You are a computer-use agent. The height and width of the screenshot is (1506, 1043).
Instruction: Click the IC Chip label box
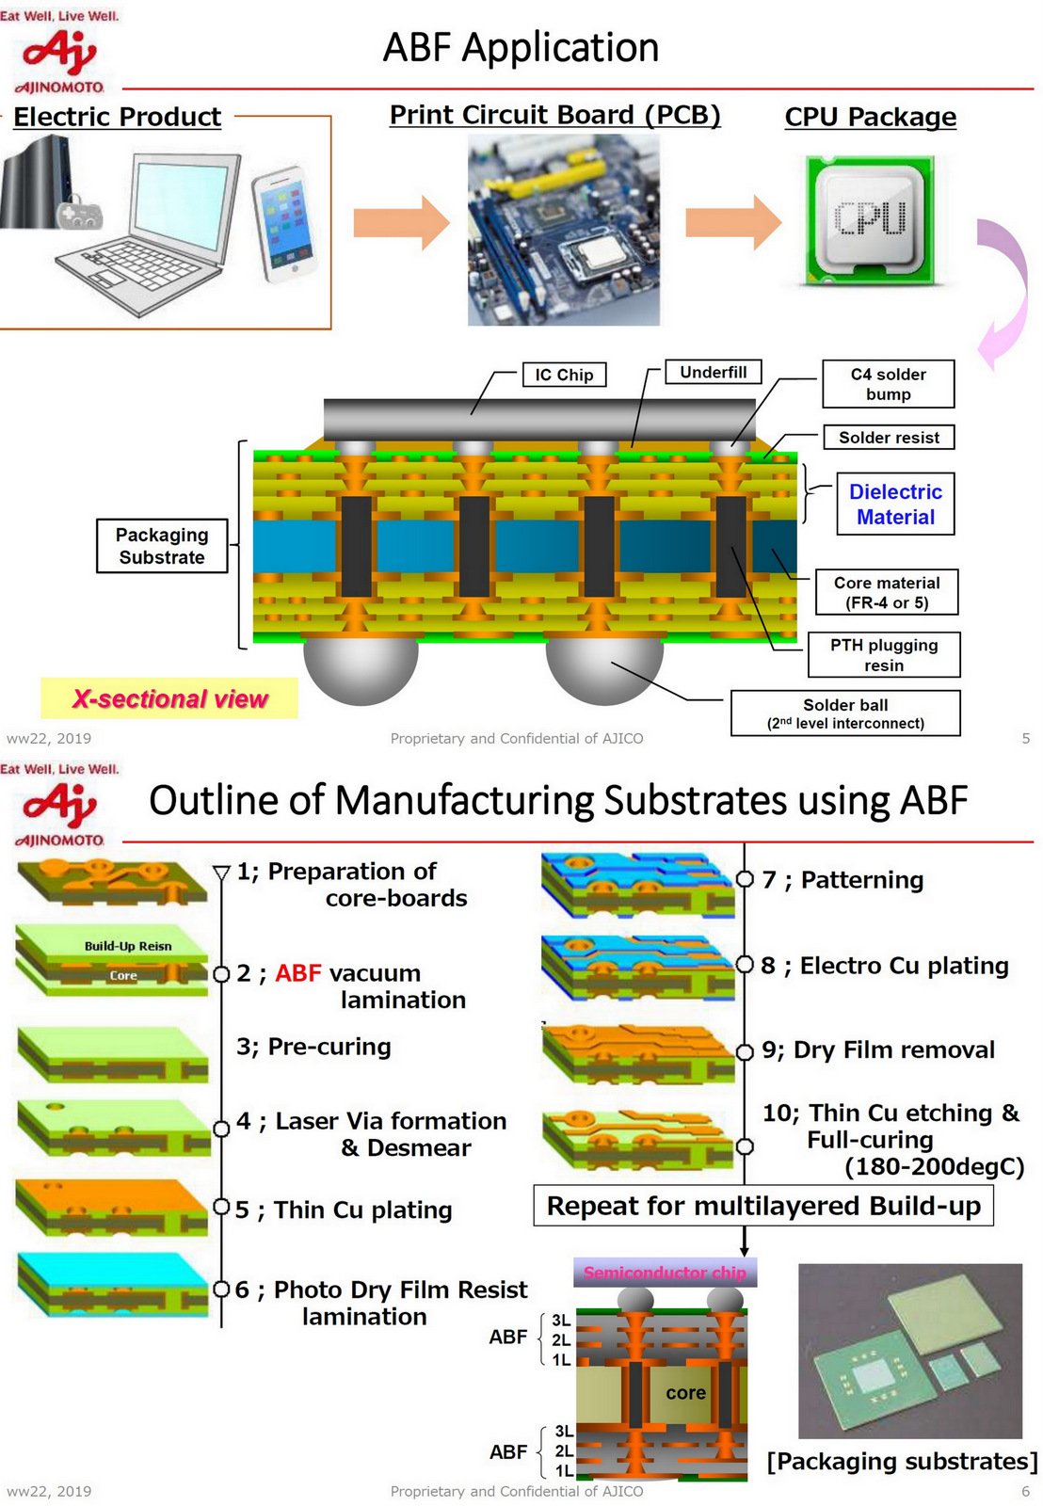tap(564, 375)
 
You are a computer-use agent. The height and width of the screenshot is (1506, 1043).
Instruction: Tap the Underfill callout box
tap(713, 372)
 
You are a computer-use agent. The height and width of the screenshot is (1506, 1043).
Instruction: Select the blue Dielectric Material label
tap(894, 505)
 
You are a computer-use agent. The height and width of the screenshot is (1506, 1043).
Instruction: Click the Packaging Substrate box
tap(162, 546)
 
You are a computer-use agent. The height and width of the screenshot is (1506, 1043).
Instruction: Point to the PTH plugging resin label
tap(883, 655)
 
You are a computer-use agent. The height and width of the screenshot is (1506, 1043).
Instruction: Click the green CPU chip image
tap(869, 220)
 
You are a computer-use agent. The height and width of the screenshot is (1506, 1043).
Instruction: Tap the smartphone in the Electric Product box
tap(283, 224)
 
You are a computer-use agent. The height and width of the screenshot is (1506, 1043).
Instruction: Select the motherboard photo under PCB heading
tap(563, 230)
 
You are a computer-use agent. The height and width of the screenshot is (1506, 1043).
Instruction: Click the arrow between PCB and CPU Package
tap(732, 222)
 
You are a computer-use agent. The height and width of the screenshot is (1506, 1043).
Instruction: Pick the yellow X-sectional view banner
tap(169, 698)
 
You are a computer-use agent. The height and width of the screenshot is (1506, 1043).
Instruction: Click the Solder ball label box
tap(844, 713)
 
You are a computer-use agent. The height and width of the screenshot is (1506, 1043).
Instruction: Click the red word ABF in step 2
tap(297, 973)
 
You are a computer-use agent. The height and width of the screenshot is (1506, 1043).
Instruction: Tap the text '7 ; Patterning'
tap(842, 880)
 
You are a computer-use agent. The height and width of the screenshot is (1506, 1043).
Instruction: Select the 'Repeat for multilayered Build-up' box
tap(762, 1206)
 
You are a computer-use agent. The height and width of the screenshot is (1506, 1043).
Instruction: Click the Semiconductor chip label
tap(665, 1273)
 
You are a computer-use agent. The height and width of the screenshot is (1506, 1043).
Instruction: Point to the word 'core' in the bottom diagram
tap(685, 1393)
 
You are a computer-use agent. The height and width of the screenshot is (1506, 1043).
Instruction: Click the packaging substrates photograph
tap(909, 1351)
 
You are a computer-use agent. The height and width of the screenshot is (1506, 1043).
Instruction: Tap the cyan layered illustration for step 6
tap(113, 1284)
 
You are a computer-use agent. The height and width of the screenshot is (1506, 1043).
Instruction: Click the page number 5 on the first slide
tap(1025, 739)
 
